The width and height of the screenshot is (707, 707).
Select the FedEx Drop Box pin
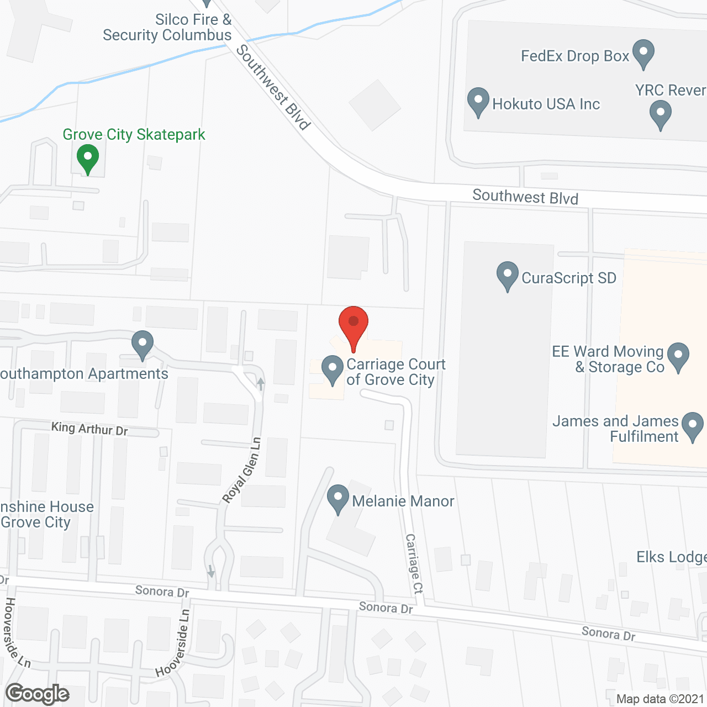(x=643, y=53)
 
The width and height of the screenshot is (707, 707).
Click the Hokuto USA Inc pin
(x=478, y=102)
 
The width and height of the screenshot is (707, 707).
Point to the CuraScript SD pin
(x=507, y=275)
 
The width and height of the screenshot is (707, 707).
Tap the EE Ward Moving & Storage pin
(x=678, y=356)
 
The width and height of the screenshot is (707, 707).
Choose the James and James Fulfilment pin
(x=693, y=426)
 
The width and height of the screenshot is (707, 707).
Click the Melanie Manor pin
(x=337, y=498)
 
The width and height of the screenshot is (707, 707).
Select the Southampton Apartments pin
(x=143, y=344)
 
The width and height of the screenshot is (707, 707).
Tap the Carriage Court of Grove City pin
(x=332, y=369)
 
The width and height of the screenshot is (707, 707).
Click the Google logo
(x=38, y=694)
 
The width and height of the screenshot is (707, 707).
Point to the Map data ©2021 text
(x=661, y=699)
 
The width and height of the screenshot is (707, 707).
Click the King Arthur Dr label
(x=89, y=429)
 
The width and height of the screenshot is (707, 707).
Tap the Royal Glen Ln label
(x=241, y=471)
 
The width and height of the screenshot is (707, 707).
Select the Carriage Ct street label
(x=414, y=563)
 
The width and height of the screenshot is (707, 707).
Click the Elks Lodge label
(x=671, y=557)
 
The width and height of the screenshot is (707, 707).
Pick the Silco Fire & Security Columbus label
(x=167, y=28)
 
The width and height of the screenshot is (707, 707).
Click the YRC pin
(x=660, y=114)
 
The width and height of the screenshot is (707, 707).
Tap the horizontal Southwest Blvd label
(x=525, y=197)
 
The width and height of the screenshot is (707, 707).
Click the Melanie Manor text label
(x=403, y=501)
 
